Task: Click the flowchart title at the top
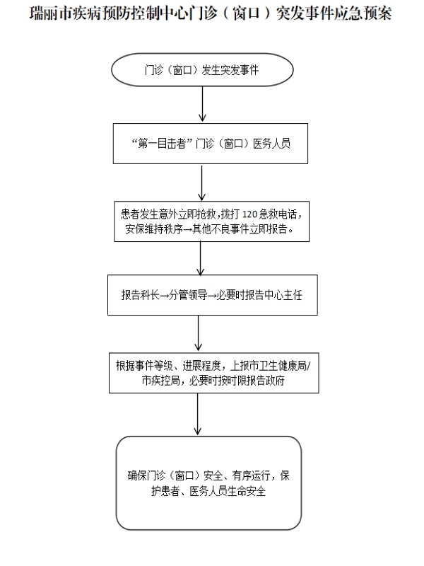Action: point(211,13)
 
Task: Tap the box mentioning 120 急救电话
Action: point(211,221)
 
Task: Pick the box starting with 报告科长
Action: point(211,295)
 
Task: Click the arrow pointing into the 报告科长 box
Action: point(201,258)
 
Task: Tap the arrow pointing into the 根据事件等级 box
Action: point(199,333)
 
